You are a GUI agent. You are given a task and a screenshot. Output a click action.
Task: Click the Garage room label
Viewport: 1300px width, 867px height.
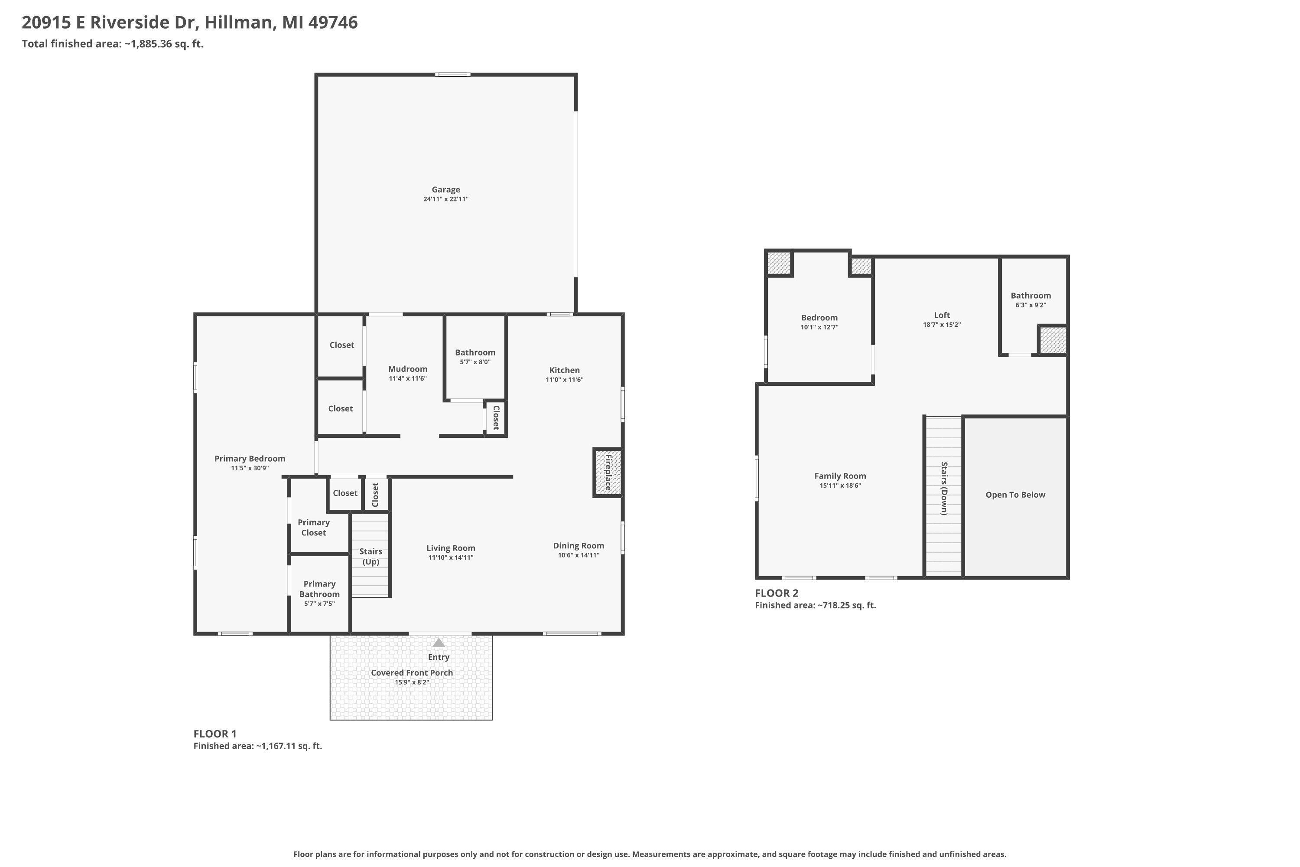point(445,190)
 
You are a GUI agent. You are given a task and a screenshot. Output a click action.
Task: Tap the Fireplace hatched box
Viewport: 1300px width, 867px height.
point(608,472)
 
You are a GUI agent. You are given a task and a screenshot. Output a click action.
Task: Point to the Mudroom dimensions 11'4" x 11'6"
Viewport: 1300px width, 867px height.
point(407,379)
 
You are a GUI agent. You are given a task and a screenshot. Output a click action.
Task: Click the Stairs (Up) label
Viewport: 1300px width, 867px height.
point(370,556)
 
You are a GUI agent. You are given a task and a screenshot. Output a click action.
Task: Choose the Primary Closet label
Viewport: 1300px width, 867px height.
point(313,528)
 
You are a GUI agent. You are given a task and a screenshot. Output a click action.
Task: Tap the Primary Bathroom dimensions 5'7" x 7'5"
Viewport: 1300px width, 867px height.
point(319,604)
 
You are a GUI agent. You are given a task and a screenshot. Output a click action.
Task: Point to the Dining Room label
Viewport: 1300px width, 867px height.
point(578,546)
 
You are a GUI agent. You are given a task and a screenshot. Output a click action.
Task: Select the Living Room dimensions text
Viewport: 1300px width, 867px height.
point(451,557)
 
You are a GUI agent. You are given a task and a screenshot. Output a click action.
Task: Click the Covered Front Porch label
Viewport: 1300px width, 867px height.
point(412,672)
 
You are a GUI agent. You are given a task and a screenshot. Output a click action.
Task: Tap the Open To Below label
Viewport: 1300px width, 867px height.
point(1015,495)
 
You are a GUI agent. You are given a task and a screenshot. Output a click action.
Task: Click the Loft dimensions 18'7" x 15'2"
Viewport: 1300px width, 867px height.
point(942,325)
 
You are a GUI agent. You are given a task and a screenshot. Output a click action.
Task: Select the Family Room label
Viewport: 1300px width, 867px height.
point(840,476)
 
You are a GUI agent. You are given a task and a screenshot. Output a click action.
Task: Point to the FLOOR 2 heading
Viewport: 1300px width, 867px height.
point(777,593)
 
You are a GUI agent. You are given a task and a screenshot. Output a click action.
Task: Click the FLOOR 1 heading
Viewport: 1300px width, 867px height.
point(215,734)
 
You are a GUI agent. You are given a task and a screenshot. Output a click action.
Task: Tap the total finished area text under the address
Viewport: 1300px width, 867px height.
point(113,44)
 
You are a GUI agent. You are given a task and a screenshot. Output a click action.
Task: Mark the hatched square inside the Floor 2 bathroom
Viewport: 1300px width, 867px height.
point(1053,340)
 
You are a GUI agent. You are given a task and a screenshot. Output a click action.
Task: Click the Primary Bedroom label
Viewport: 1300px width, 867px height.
point(250,458)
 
